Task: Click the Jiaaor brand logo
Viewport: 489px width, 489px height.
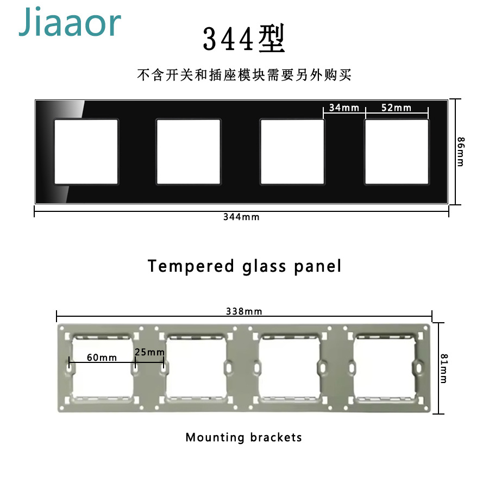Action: coord(70,23)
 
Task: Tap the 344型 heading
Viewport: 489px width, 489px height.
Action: coord(244,39)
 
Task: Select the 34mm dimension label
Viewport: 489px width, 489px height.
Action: coord(344,108)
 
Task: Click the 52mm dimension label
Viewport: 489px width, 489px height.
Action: coord(396,108)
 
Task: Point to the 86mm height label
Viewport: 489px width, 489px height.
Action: coord(460,152)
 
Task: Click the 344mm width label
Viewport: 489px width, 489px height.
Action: coord(241,217)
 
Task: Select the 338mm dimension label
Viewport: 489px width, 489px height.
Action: coord(244,311)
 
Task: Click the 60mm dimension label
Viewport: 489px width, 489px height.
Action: coord(102,357)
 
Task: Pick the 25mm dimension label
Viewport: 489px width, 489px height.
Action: coord(149,352)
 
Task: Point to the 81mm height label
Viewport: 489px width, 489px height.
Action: coord(443,368)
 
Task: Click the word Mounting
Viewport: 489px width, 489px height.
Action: coord(215,437)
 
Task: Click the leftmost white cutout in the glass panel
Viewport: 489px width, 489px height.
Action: coord(86,152)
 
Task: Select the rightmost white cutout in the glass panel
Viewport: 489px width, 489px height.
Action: coord(396,152)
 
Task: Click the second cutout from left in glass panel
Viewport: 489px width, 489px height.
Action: coord(189,152)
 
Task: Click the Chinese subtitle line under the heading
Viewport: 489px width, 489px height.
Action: coord(244,75)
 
